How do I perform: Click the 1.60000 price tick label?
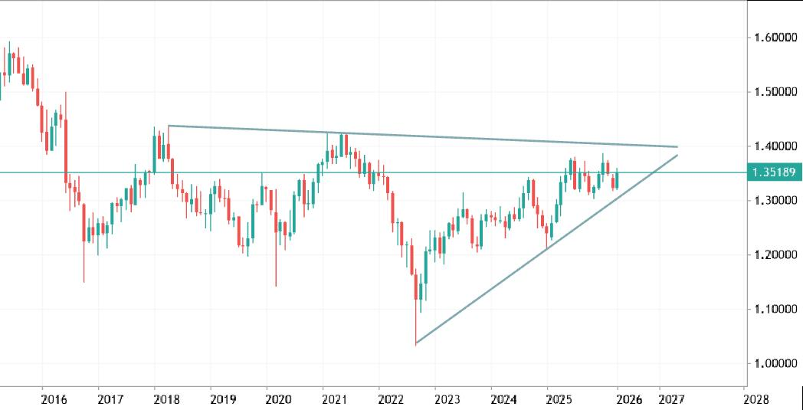[x=775, y=38]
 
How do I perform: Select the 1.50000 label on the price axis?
[x=775, y=92]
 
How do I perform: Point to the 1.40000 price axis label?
[x=775, y=146]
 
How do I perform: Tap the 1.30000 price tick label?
[x=775, y=201]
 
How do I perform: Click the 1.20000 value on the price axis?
[x=775, y=254]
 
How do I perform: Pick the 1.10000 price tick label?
[x=775, y=309]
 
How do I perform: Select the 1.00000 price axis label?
[x=775, y=363]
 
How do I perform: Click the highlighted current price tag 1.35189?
[x=775, y=172]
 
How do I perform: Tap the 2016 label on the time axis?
[x=54, y=399]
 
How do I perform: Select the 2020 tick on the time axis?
[x=278, y=399]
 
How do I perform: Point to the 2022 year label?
[x=391, y=399]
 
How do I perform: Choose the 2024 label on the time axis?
[x=503, y=399]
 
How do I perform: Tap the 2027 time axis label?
[x=671, y=399]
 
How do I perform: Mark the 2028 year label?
[x=755, y=399]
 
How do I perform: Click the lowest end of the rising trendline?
[x=415, y=343]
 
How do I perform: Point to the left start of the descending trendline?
[x=168, y=126]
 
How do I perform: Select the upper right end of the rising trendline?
[x=677, y=156]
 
